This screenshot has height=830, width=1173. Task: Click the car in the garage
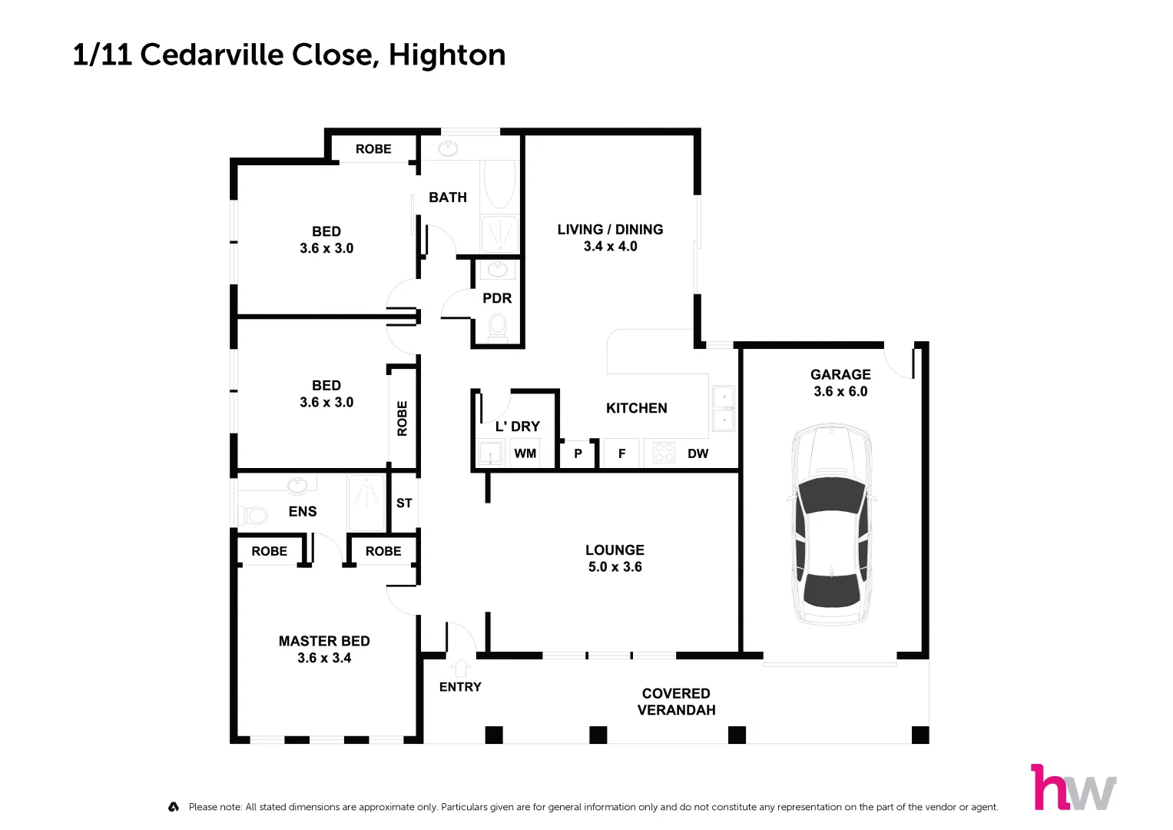point(832,524)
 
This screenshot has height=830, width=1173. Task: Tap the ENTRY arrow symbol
point(460,667)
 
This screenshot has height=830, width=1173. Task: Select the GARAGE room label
point(840,374)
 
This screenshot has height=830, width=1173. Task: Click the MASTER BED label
point(324,641)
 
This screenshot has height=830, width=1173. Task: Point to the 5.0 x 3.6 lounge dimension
point(615,567)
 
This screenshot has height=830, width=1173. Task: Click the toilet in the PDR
point(498,327)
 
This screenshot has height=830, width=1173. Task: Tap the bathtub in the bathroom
point(500,184)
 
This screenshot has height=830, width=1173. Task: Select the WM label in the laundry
point(525,453)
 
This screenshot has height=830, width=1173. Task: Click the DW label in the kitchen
point(698,453)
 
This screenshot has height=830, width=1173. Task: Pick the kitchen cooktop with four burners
point(664,453)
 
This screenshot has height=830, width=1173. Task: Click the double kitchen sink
point(723,409)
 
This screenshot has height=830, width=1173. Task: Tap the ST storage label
point(404,503)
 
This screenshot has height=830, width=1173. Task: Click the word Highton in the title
point(447,55)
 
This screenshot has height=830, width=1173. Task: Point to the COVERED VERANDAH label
point(676,702)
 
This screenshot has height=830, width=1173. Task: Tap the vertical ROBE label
point(402,418)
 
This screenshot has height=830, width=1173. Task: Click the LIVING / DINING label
point(610,230)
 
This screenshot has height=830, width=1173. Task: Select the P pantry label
point(578,453)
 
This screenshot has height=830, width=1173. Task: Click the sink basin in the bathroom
point(448,148)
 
